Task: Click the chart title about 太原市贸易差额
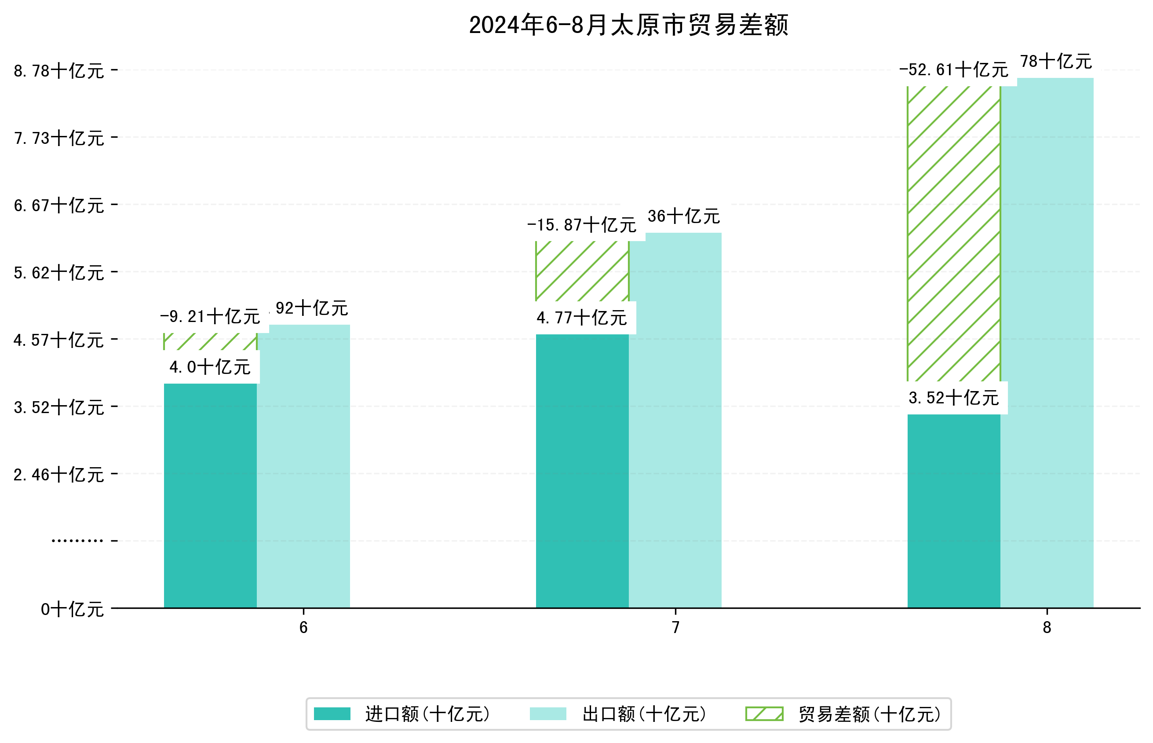(628, 25)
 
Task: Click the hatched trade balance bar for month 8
(953, 231)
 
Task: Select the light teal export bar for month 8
(1047, 343)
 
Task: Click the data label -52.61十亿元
(953, 70)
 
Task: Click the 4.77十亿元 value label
(582, 318)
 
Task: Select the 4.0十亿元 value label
(210, 367)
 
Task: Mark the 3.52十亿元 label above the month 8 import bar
(953, 398)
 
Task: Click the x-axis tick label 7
(675, 628)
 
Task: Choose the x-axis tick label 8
(1047, 628)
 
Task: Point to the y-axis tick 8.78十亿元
(59, 71)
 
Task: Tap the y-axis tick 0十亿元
(72, 609)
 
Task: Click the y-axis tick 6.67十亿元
(59, 205)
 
